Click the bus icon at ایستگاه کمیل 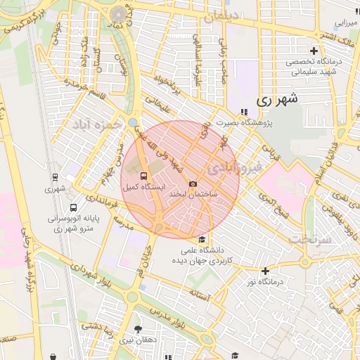143,176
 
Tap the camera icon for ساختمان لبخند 193,184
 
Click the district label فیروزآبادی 235,167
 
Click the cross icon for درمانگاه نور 265,271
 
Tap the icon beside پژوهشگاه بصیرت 243,111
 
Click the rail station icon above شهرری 54,178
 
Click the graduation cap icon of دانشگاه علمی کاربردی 202,239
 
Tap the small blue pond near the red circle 134,122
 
